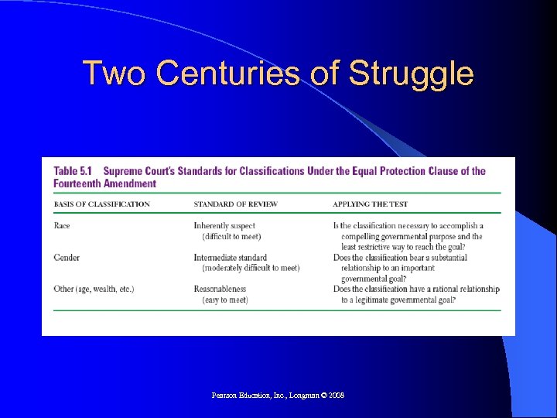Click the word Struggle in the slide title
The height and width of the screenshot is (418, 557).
[x=411, y=75]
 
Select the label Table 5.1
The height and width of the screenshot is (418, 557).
[x=74, y=171]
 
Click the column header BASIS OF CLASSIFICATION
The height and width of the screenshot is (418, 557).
[x=102, y=204]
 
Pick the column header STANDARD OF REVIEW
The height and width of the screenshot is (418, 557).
[x=235, y=204]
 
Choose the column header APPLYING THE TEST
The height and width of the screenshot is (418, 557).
[x=370, y=204]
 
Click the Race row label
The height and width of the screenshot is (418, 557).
[x=62, y=226]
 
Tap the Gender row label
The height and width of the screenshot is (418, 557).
[x=67, y=258]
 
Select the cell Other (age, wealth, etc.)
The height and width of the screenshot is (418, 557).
[x=94, y=290]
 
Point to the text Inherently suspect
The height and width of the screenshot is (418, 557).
[x=224, y=226]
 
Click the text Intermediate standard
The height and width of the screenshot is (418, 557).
[x=230, y=258]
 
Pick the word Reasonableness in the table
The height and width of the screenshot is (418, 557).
[x=220, y=290]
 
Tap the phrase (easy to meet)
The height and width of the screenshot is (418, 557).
[x=224, y=300]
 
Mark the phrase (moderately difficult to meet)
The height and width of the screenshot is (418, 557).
[x=250, y=268]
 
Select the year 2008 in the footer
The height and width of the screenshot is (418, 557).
[x=335, y=396]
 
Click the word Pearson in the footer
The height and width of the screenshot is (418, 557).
[x=225, y=396]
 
